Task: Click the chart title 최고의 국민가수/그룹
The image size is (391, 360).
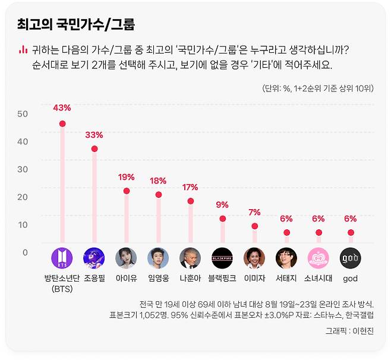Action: (76, 24)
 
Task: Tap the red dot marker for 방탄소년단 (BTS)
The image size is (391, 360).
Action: (62, 124)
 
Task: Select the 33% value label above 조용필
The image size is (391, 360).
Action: (94, 135)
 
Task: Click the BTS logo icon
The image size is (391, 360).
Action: (62, 258)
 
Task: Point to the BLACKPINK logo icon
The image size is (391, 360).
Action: (222, 258)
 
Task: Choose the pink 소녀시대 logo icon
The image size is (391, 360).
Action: (319, 258)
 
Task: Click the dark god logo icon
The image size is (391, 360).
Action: (351, 258)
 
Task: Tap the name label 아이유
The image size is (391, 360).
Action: (126, 278)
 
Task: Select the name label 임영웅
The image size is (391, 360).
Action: (158, 278)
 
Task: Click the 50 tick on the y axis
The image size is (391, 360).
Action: (23, 114)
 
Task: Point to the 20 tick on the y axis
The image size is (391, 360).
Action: (23, 197)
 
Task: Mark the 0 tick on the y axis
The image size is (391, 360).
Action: (24, 252)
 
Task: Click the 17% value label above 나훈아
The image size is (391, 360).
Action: (190, 187)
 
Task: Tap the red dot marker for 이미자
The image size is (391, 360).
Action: (254, 226)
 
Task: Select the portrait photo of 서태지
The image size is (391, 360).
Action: (286, 258)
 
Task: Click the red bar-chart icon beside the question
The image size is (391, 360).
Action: (23, 49)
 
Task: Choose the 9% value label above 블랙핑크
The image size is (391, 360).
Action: (222, 205)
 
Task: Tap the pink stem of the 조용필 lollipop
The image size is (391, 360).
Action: (94, 196)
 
